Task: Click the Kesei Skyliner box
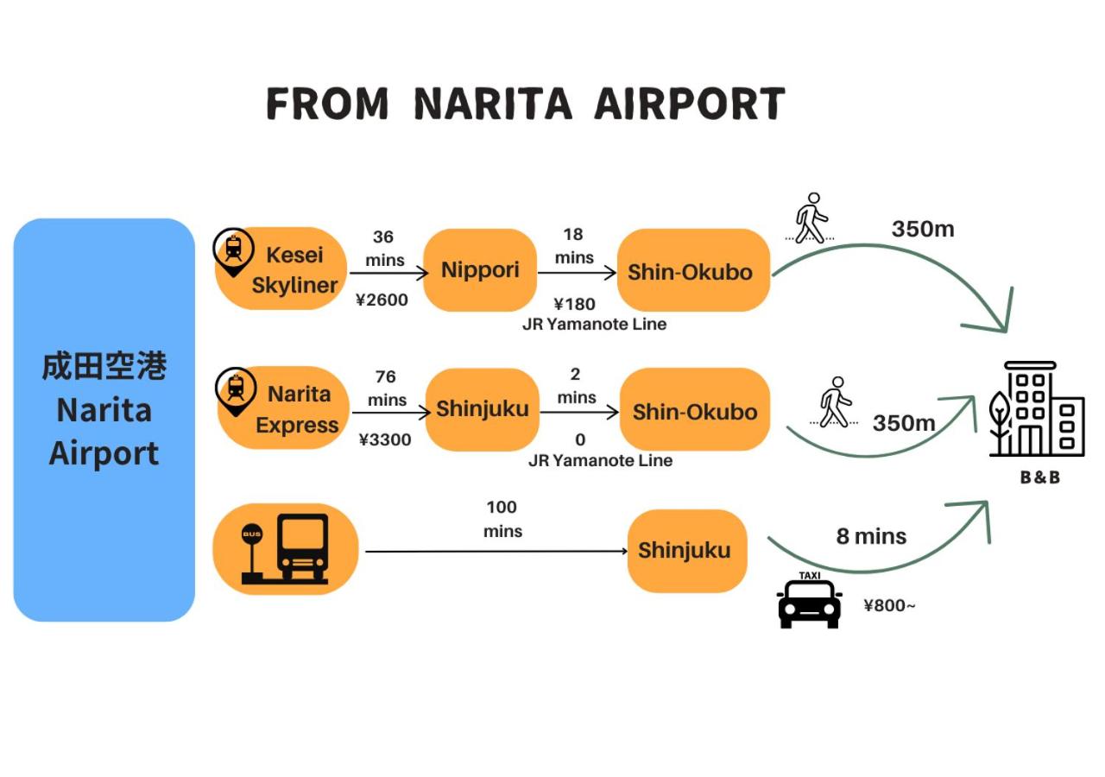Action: coord(281,269)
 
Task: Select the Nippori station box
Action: coord(480,270)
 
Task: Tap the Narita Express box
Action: coord(284,408)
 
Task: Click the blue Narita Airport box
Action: coord(104,420)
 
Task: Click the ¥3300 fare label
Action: coord(385,439)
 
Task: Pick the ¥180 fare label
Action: coord(574,304)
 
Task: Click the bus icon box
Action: coord(286,549)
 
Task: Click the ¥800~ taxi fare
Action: coord(889,605)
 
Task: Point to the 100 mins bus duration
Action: coord(502,519)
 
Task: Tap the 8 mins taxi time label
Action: coord(871,536)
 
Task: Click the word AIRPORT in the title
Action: coord(689,104)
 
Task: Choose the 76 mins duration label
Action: coord(386,388)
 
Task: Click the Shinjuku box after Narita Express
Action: coord(483,409)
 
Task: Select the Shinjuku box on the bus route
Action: coord(685,551)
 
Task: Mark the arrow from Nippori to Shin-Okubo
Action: coord(577,273)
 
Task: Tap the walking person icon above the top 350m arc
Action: coord(810,218)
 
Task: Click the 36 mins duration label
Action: coord(384,248)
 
